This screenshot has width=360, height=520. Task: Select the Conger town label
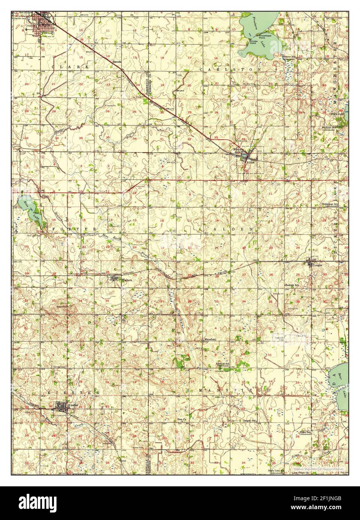pyautogui.click(x=317, y=265)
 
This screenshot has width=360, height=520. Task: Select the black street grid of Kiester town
pyautogui.click(x=61, y=407)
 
